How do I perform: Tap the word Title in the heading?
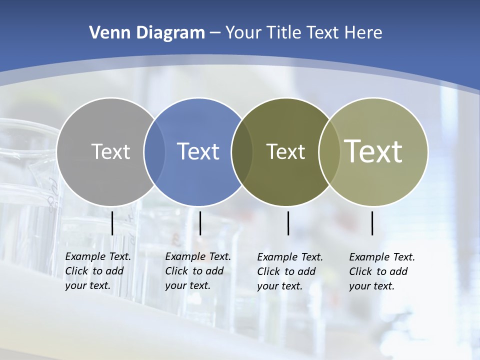pyautogui.click(x=286, y=33)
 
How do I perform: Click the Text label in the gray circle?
pyautogui.click(x=110, y=151)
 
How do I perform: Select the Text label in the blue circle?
pyautogui.click(x=198, y=151)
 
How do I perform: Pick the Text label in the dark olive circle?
pyautogui.click(x=285, y=151)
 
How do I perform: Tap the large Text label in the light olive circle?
pyautogui.click(x=373, y=151)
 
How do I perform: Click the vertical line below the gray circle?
pyautogui.click(x=112, y=223)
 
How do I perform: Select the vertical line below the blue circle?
pyautogui.click(x=200, y=223)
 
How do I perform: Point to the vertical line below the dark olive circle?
pyautogui.click(x=288, y=223)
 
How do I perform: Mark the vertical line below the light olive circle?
pyautogui.click(x=372, y=223)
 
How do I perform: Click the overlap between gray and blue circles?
pyautogui.click(x=154, y=151)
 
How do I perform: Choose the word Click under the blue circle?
pyautogui.click(x=176, y=271)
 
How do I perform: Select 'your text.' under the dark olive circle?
pyautogui.click(x=280, y=286)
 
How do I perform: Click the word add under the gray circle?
pyautogui.click(x=114, y=271)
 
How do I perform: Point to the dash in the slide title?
pyautogui.click(x=215, y=33)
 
